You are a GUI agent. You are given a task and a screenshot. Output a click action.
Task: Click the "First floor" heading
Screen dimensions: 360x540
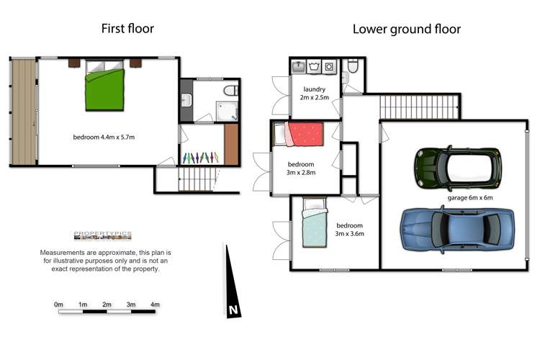pos(127,29)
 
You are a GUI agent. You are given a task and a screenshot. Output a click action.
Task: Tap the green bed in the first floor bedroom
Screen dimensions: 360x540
pos(106,86)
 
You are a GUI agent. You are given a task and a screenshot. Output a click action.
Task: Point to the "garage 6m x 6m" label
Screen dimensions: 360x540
pos(469,197)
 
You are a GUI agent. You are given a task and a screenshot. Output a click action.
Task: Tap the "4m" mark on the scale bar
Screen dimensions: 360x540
pos(155,305)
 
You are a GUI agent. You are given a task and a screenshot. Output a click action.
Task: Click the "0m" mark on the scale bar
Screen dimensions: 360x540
pos(59,305)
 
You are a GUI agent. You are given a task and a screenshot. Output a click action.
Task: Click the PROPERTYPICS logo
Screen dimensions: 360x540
pos(103,235)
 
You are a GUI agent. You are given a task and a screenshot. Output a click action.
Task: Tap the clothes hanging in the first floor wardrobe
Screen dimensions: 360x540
pos(200,156)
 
